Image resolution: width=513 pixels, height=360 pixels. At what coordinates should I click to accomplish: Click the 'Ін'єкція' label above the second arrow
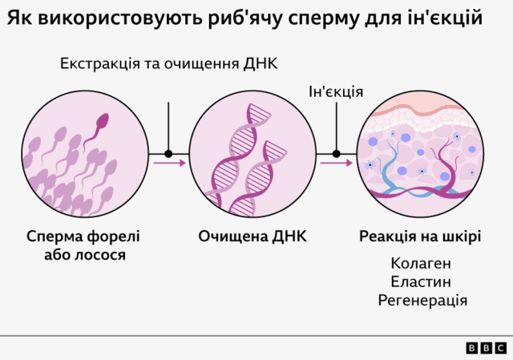336,91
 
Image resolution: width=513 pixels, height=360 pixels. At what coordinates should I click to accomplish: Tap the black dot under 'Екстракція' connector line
168,154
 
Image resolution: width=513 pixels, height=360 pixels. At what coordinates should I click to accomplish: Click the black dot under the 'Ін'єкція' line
336,154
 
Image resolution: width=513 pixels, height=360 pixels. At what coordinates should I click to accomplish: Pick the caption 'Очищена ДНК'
252,237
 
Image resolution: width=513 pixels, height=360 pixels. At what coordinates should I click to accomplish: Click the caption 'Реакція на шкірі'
420,237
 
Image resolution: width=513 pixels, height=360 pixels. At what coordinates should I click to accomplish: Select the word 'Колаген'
421,263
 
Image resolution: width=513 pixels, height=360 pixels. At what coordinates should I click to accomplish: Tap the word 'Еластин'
421,281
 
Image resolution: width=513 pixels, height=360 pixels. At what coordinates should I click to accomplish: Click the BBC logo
486,347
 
